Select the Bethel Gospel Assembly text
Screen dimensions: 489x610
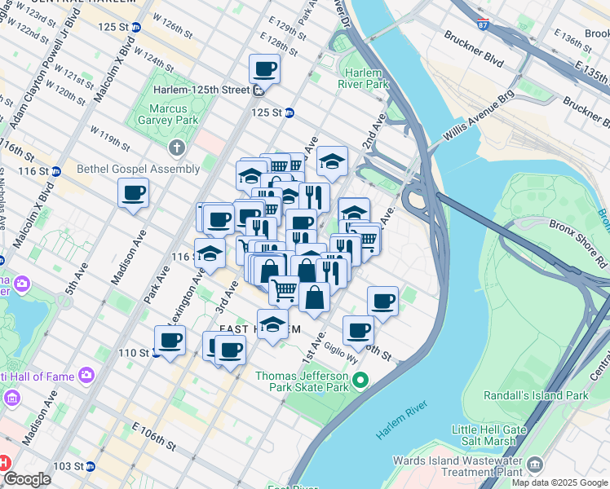click(x=138, y=169)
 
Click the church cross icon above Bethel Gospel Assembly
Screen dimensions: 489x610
click(x=175, y=148)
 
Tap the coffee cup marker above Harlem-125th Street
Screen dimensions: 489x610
click(x=264, y=69)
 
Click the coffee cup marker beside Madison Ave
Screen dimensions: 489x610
click(x=133, y=194)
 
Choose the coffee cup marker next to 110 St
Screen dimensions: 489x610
click(x=170, y=341)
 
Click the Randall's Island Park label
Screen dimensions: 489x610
click(x=544, y=395)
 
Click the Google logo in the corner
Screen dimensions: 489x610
click(x=26, y=479)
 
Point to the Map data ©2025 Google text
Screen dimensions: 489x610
click(x=559, y=482)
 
